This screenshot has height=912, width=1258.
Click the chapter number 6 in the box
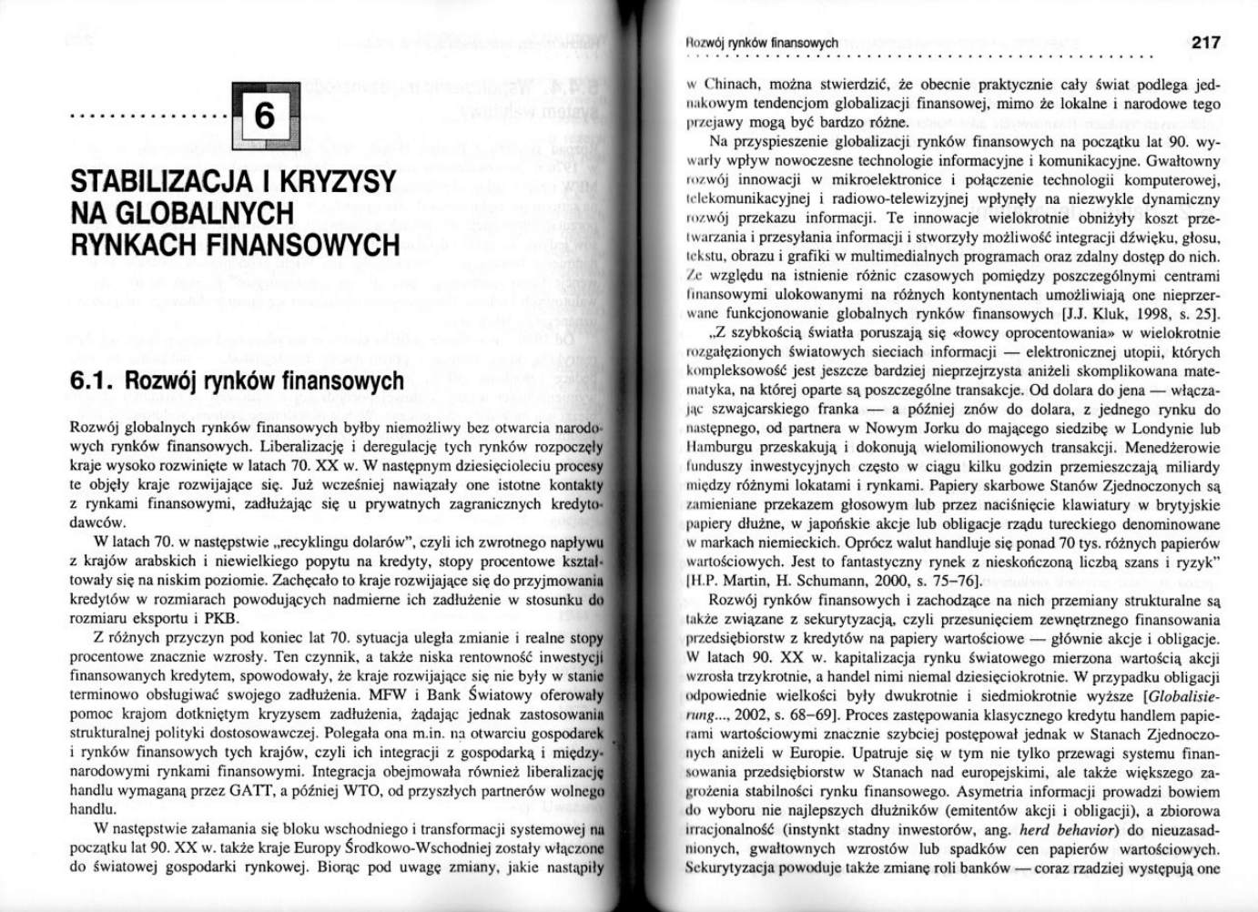click(262, 117)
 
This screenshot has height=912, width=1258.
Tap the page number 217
click(1204, 42)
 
